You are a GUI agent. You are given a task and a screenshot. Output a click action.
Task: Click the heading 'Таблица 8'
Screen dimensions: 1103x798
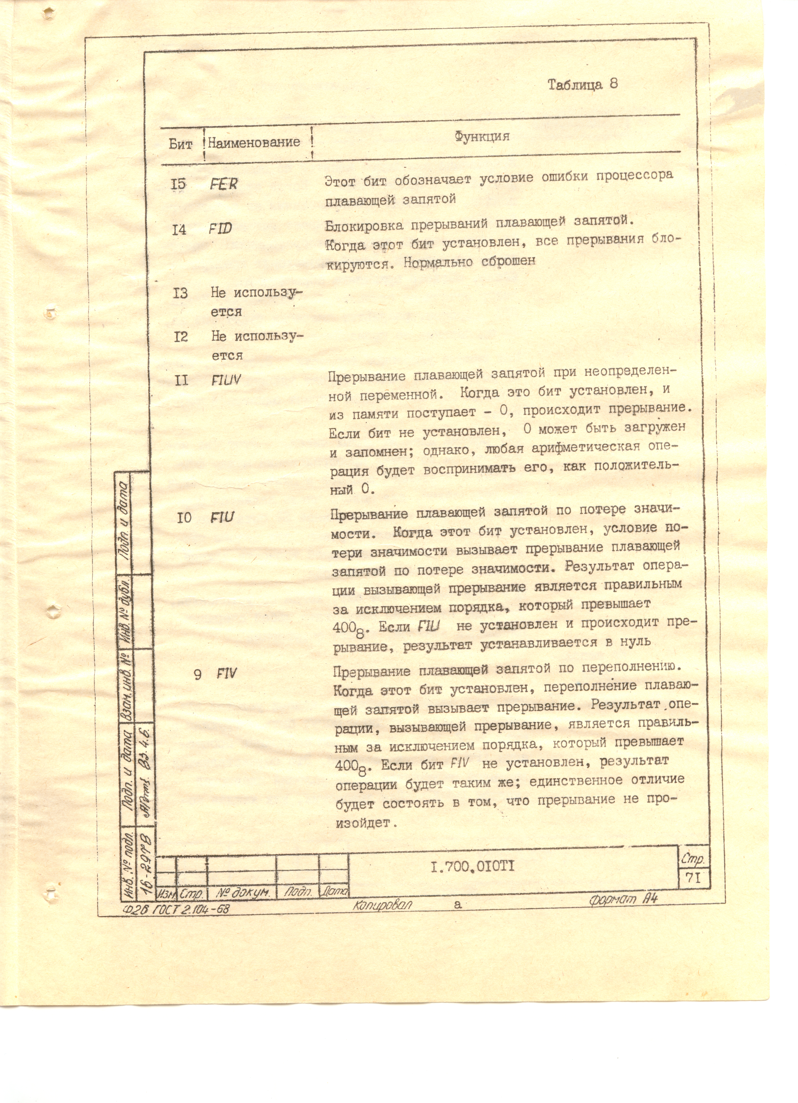583,85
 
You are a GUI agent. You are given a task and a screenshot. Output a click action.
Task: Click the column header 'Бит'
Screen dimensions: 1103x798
180,144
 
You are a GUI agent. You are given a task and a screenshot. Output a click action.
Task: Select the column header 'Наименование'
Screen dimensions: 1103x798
254,143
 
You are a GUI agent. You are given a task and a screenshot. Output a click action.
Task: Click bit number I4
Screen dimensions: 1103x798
179,229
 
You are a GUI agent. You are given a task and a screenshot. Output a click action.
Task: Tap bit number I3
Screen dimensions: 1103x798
180,293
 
